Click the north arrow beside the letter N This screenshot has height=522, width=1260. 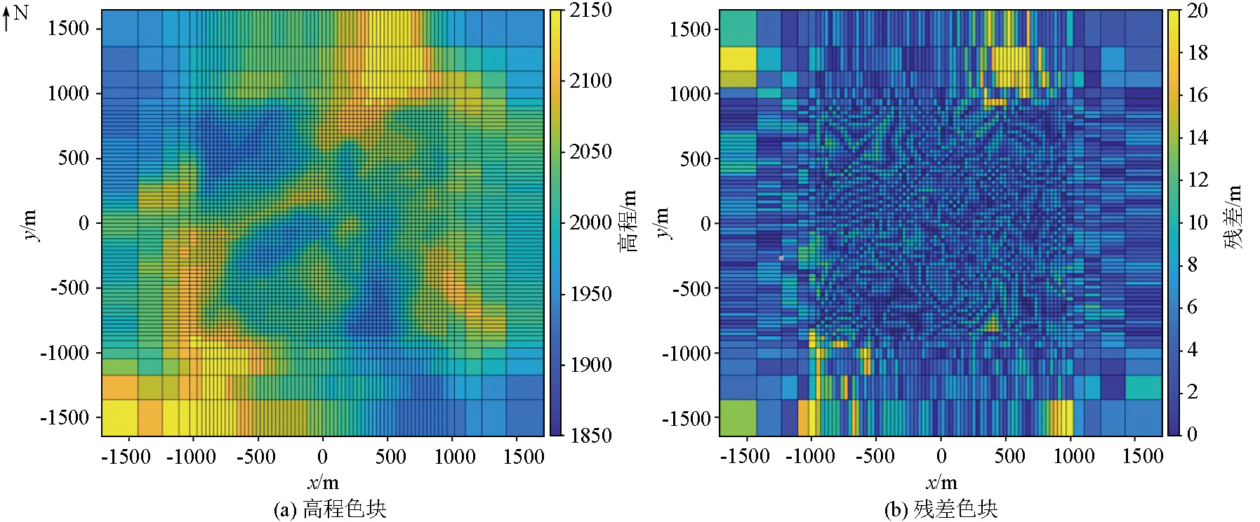click(x=6, y=19)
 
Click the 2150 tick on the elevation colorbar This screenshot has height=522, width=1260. click(x=590, y=10)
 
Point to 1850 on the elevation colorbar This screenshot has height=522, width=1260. click(x=590, y=435)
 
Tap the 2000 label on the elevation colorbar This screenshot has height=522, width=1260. click(x=590, y=222)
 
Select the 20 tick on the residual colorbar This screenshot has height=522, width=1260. click(x=1197, y=10)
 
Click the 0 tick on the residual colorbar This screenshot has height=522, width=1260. click(x=1192, y=434)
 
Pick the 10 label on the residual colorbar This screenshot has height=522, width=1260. click(x=1197, y=222)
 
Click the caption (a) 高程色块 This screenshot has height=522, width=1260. click(x=330, y=509)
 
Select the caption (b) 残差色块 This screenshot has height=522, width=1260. click(x=941, y=509)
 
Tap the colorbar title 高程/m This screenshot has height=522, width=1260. click(x=628, y=221)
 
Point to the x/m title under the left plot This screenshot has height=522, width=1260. click(x=323, y=483)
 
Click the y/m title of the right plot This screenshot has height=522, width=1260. click(x=662, y=223)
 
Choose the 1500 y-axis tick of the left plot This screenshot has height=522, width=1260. click(x=68, y=28)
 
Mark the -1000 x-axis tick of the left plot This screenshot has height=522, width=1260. click(x=191, y=457)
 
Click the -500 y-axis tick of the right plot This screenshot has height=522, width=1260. click(x=691, y=288)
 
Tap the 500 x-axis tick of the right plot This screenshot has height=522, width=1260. click(x=1009, y=457)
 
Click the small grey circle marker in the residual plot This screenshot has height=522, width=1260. click(x=781, y=258)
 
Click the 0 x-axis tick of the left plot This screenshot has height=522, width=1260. click(x=322, y=457)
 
